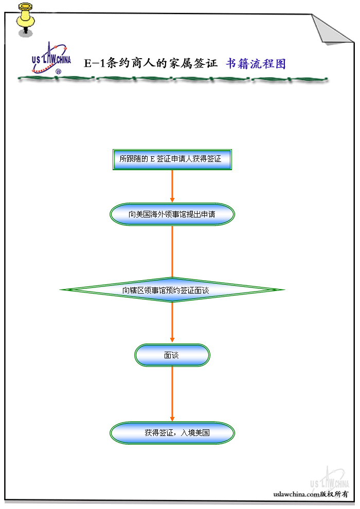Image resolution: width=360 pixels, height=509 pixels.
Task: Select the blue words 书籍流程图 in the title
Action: pos(256,64)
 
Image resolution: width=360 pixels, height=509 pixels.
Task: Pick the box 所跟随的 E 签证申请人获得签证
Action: pos(172,159)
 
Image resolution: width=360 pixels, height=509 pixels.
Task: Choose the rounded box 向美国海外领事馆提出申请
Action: pos(172,214)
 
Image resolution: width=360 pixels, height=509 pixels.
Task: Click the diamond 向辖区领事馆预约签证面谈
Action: pos(172,290)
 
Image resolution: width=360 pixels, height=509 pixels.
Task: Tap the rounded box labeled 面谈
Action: pos(172,355)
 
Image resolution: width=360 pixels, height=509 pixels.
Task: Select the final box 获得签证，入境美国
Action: pos(172,433)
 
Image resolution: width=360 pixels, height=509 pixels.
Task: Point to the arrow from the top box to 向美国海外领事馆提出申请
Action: pos(172,186)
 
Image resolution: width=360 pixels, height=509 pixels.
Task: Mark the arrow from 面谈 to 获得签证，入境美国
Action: pos(172,394)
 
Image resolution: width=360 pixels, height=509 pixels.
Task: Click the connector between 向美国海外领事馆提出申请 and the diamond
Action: pos(172,252)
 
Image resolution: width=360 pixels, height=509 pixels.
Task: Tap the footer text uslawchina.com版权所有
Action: pos(311,494)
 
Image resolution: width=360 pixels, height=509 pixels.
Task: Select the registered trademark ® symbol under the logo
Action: pos(58,72)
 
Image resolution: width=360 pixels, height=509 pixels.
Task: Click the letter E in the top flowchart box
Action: pos(153,159)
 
